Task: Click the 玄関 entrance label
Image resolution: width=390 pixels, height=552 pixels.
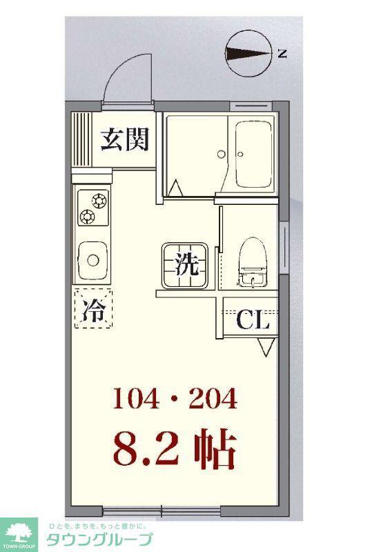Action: pos(125,139)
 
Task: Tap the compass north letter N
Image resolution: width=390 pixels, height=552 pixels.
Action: pos(282,54)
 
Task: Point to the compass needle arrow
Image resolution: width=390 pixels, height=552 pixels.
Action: pos(248,54)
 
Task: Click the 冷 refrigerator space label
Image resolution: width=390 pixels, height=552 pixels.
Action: pos(94,309)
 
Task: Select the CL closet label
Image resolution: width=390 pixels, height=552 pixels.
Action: pos(253,320)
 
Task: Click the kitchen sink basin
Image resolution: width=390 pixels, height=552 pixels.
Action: pos(92,261)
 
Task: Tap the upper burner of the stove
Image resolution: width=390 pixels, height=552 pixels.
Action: pos(99,201)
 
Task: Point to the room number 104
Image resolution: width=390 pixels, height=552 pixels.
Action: pos(136,398)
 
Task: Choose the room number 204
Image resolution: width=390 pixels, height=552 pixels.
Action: pos(213,398)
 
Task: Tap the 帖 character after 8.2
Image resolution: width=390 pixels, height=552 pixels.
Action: pos(215,448)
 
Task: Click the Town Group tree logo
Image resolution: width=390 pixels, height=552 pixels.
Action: pos(19,532)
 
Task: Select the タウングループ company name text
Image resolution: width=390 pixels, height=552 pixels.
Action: pos(99,540)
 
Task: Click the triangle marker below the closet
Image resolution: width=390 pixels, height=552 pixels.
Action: pos(266,348)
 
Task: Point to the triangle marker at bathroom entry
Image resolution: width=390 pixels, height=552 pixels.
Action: pos(175,187)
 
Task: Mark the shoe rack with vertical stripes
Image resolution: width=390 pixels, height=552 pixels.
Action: pos(81,139)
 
